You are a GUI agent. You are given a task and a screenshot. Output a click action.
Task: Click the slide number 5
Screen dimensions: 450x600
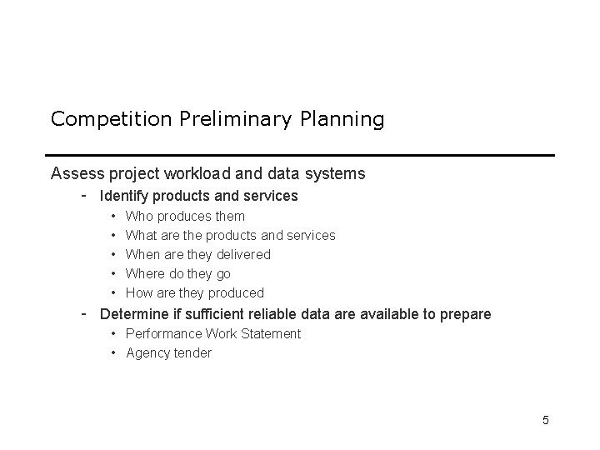pos(545,420)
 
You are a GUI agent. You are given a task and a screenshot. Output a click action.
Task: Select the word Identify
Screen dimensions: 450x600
pos(125,197)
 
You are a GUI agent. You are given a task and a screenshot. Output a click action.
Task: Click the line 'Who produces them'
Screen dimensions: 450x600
pos(185,217)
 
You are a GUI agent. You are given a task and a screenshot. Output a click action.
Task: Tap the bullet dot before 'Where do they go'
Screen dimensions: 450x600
pos(112,274)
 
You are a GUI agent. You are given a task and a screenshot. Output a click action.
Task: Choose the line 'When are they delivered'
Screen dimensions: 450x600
pos(197,255)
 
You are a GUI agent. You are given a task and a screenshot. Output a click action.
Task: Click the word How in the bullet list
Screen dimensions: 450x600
pos(138,293)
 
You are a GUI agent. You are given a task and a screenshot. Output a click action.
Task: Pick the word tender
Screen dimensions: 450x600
pos(192,353)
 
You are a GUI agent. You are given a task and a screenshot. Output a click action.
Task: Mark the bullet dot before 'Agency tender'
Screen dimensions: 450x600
pos(112,353)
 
